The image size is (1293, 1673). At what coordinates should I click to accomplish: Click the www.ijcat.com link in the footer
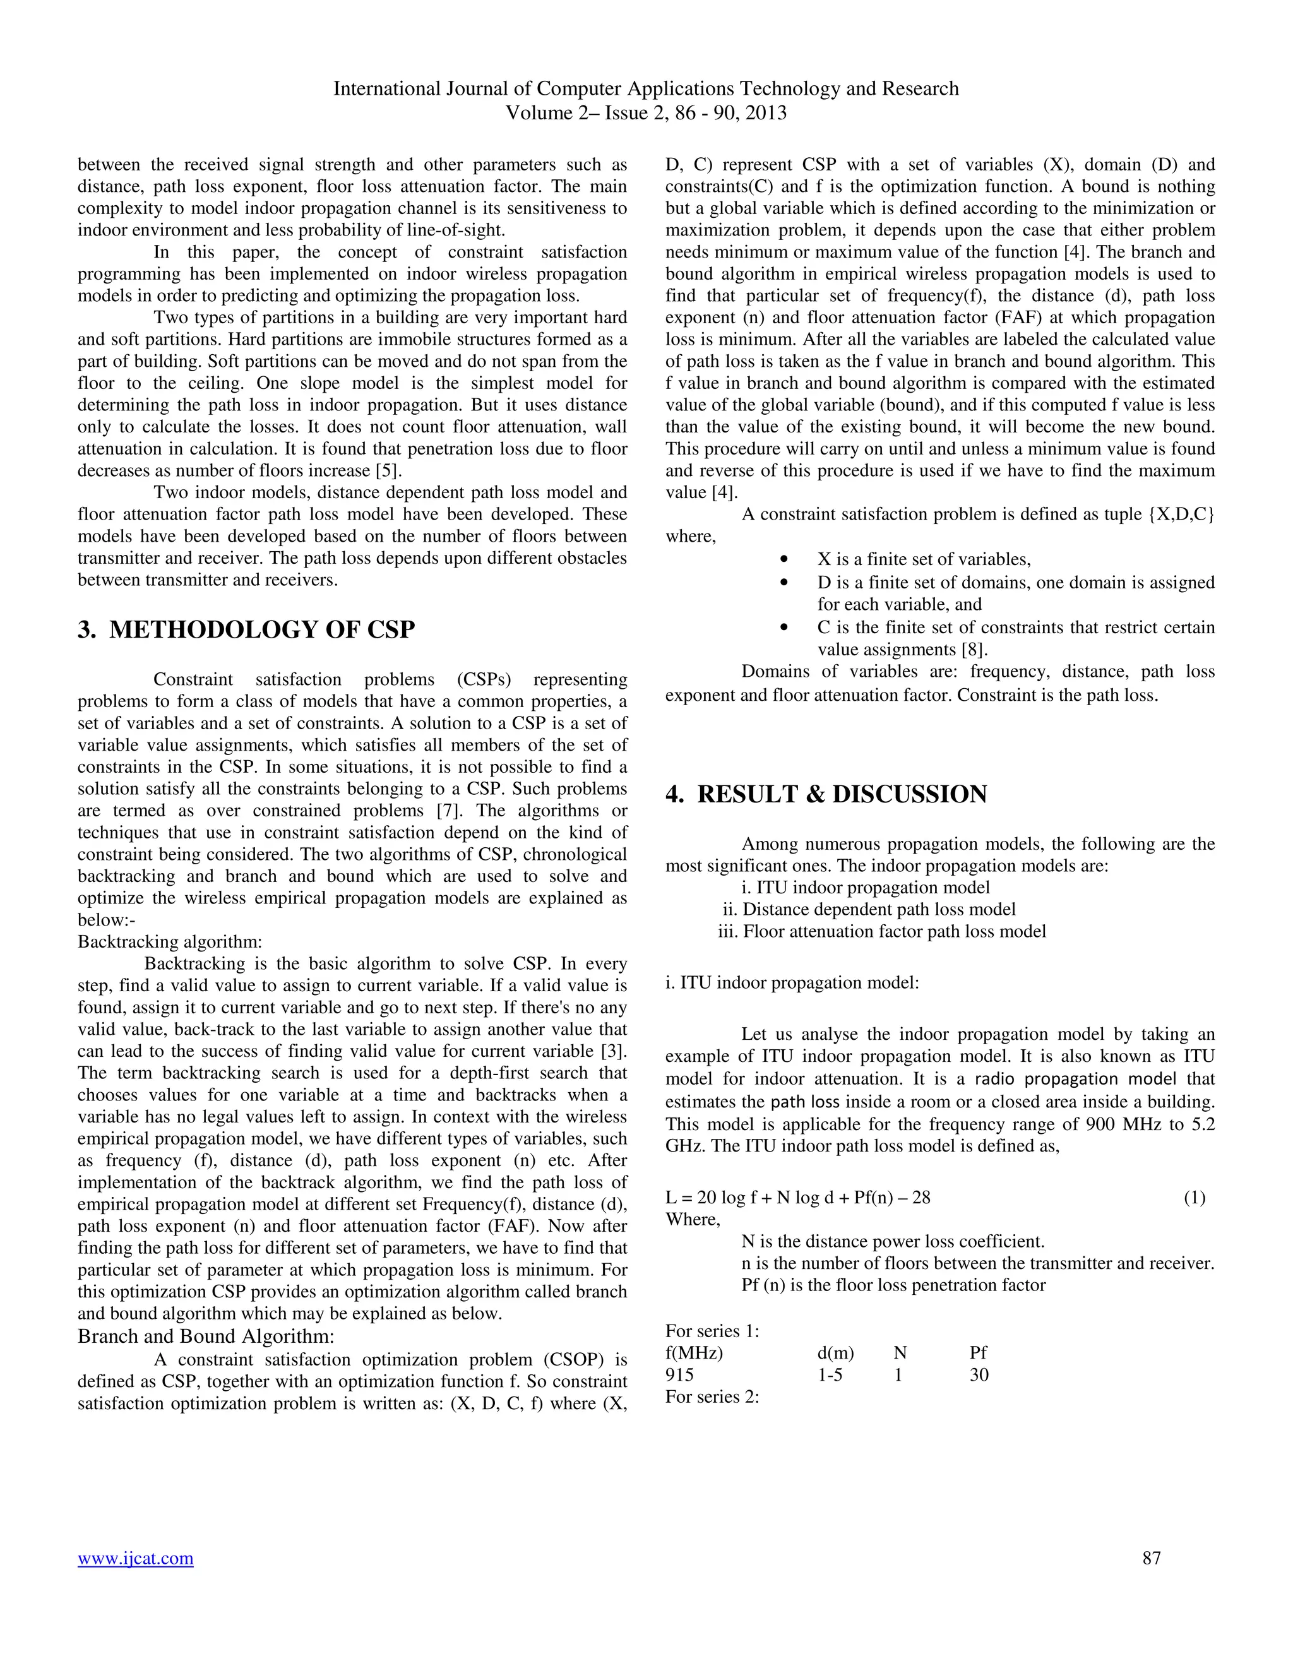(x=136, y=1558)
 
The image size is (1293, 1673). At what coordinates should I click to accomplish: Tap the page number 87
(x=1152, y=1557)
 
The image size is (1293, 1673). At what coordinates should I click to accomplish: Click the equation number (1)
(x=1194, y=1197)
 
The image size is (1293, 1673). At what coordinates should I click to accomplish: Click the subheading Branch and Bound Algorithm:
(x=206, y=1337)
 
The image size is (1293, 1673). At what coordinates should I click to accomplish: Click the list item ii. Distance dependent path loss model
(x=869, y=909)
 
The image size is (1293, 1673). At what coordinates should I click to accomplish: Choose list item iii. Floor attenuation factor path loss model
(x=881, y=931)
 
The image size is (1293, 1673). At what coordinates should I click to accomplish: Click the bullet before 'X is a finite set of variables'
(x=783, y=560)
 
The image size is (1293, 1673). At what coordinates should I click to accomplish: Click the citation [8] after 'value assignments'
(x=974, y=650)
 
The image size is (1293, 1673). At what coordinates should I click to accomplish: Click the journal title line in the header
(x=646, y=89)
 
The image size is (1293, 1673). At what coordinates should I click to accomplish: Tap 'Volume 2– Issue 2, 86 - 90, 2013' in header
(x=646, y=114)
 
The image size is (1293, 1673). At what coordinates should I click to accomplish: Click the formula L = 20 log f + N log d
(x=797, y=1197)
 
